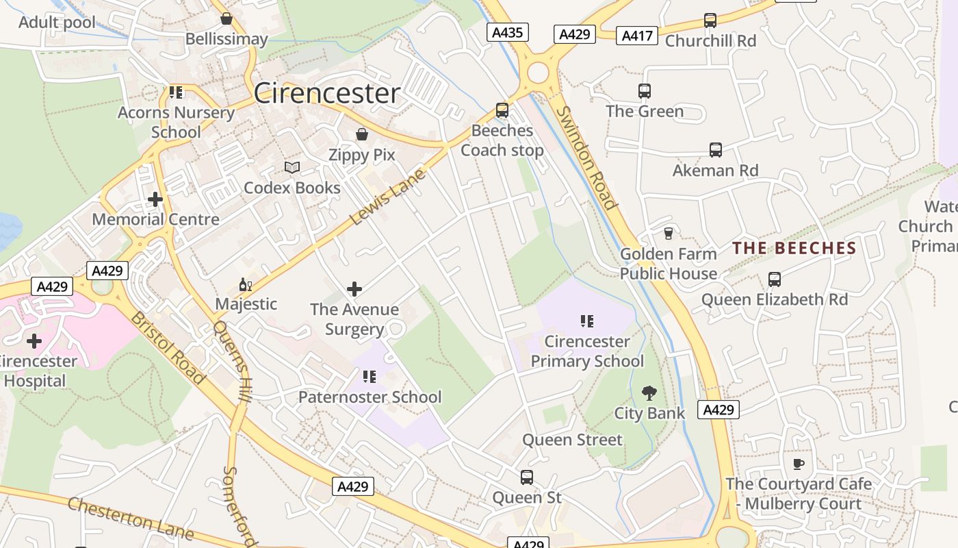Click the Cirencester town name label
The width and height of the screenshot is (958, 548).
pyautogui.click(x=326, y=93)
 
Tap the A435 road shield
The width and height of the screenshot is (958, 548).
pyautogui.click(x=508, y=32)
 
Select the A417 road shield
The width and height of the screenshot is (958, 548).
pyautogui.click(x=636, y=36)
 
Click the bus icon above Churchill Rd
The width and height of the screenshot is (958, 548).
pyautogui.click(x=710, y=21)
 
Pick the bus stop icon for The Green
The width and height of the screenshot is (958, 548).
pyautogui.click(x=644, y=90)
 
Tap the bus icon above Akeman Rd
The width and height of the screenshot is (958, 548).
pyautogui.click(x=715, y=149)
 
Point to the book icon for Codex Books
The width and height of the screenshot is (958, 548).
pyautogui.click(x=292, y=167)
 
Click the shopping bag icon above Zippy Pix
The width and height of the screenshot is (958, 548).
pyautogui.click(x=361, y=134)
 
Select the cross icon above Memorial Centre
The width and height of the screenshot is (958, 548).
pyautogui.click(x=155, y=199)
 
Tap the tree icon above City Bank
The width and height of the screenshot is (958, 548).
pyautogui.click(x=649, y=393)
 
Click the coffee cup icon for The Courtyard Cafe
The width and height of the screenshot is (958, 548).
pyautogui.click(x=798, y=464)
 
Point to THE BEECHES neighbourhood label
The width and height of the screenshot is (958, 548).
pyautogui.click(x=794, y=248)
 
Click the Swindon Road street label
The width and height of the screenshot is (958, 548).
pyautogui.click(x=586, y=158)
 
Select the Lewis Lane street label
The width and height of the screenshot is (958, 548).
pyautogui.click(x=387, y=197)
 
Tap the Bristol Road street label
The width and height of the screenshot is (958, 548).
pyautogui.click(x=168, y=347)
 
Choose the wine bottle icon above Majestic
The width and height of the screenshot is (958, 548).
pyautogui.click(x=245, y=284)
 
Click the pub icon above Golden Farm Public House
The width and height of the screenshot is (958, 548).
pyautogui.click(x=668, y=234)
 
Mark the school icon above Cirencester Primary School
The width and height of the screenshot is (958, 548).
pyautogui.click(x=586, y=321)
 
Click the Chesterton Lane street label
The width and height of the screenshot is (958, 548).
pyautogui.click(x=130, y=519)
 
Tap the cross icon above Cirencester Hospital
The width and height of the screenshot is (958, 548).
pyautogui.click(x=34, y=340)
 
